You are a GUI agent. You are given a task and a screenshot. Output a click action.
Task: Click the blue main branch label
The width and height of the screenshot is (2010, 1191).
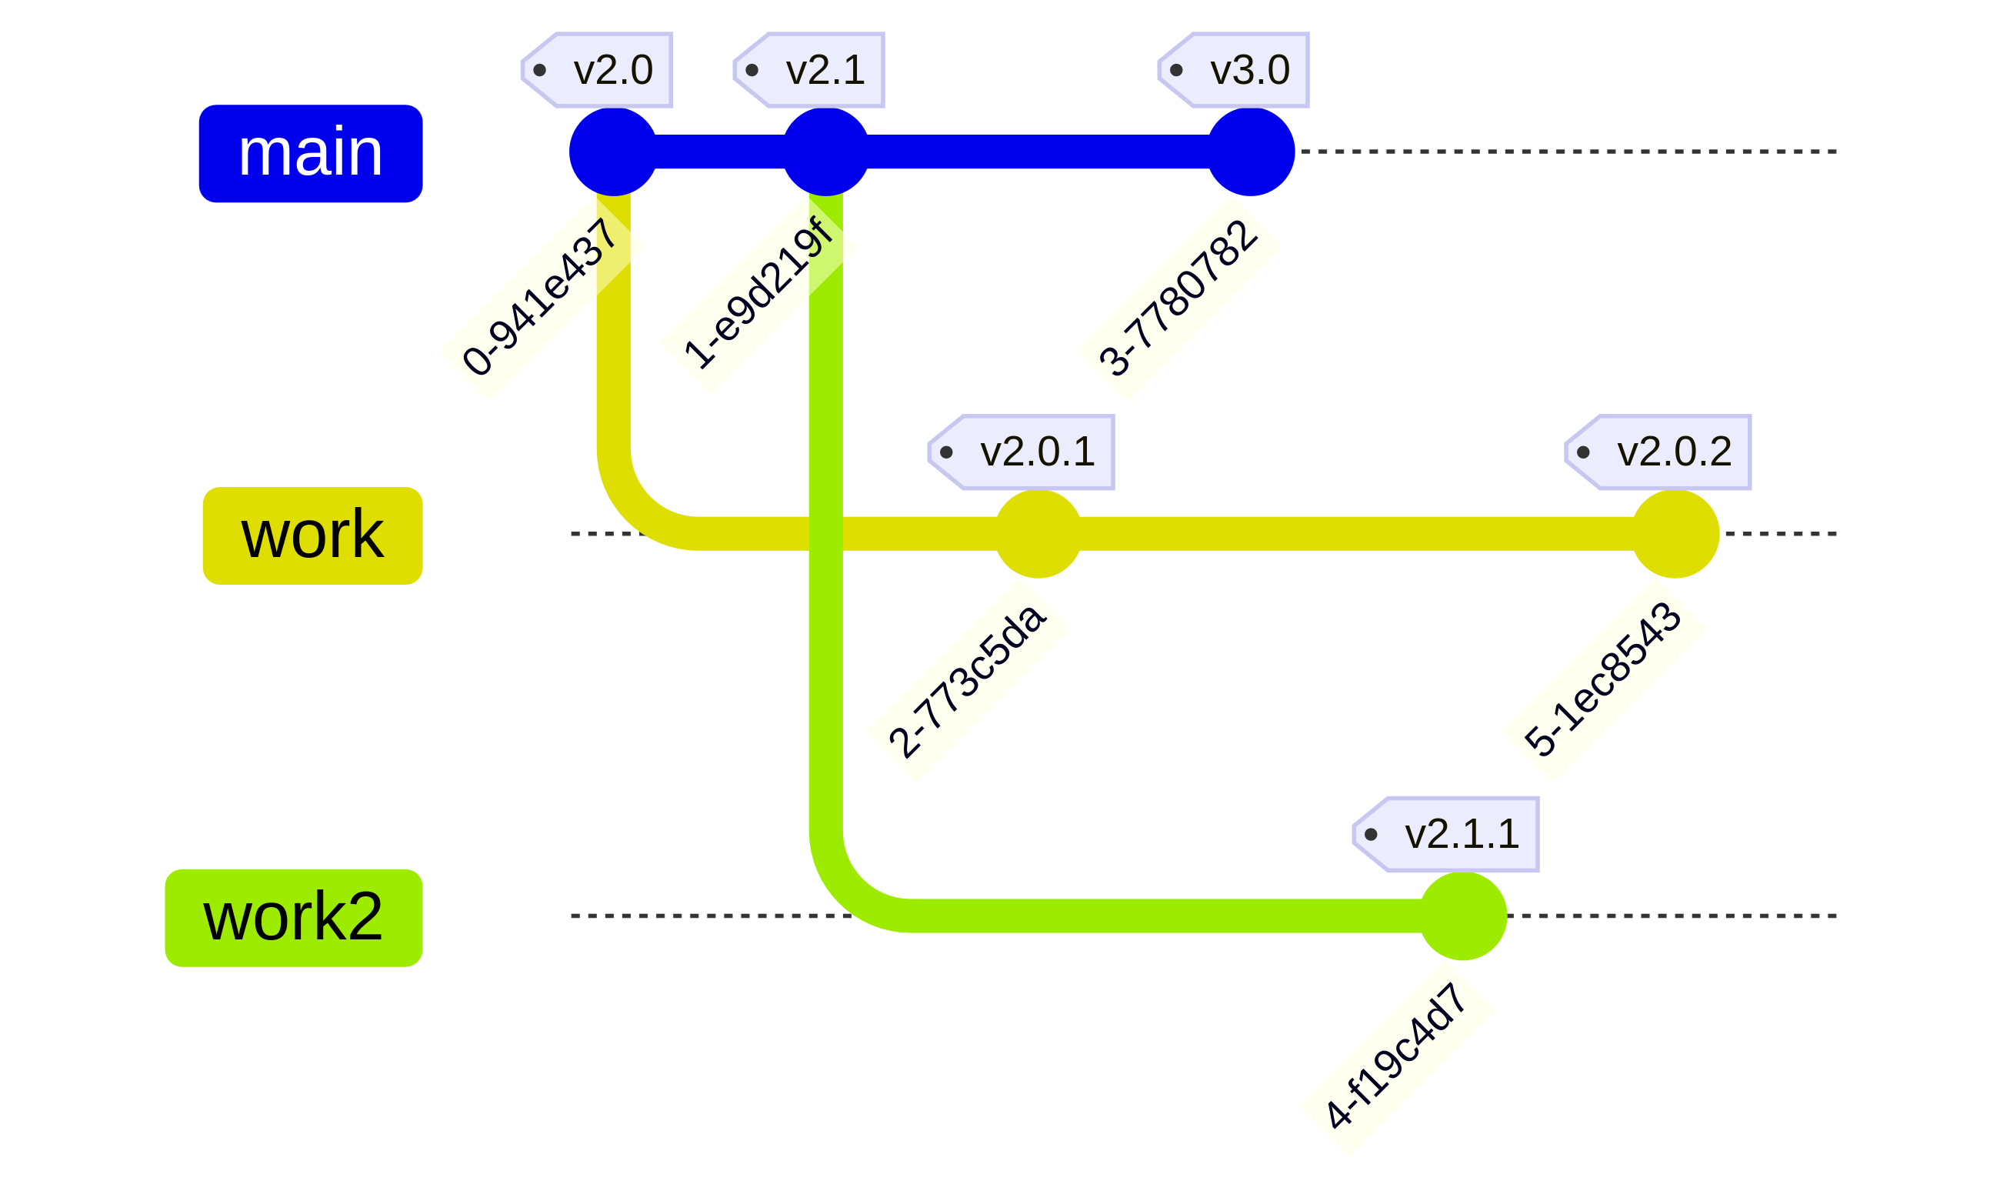click(x=311, y=153)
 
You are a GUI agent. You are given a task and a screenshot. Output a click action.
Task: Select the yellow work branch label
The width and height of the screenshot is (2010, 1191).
click(x=312, y=535)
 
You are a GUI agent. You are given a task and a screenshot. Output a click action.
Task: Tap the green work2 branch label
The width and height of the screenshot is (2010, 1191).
click(x=294, y=917)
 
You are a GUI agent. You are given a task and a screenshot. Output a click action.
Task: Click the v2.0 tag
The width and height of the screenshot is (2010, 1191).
click(x=598, y=70)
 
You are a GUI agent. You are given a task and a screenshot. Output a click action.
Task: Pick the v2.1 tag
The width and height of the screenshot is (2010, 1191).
click(x=810, y=70)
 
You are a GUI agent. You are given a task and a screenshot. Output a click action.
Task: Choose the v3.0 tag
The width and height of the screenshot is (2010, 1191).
click(x=1234, y=70)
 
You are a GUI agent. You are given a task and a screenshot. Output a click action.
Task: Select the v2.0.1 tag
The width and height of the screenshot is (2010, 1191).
click(x=1022, y=452)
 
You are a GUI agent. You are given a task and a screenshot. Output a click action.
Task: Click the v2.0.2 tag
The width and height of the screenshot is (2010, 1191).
click(x=1658, y=452)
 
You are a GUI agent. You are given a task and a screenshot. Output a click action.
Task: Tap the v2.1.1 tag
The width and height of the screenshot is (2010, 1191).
click(x=1447, y=834)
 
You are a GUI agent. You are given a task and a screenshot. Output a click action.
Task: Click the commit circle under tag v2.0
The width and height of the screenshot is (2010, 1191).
click(x=613, y=152)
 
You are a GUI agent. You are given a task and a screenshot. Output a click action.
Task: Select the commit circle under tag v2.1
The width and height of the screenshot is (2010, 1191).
click(x=825, y=152)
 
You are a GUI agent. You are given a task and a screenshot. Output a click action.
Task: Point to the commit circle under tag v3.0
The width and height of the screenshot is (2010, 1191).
click(x=1250, y=152)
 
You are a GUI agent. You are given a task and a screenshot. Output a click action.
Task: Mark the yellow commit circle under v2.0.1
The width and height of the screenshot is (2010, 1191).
click(x=1038, y=534)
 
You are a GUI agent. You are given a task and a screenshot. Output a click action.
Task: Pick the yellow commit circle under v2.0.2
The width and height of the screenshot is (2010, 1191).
click(x=1675, y=534)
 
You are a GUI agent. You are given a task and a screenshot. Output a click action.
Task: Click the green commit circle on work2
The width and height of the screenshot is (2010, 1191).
click(x=1463, y=916)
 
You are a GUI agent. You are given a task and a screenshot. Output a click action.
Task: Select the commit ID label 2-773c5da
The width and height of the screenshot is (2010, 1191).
click(x=968, y=682)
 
